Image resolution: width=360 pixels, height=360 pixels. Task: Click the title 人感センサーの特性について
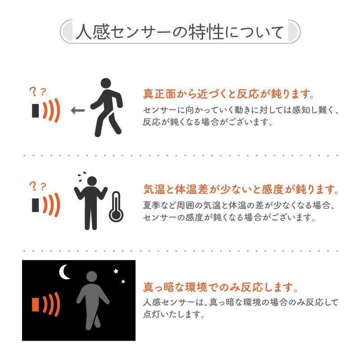(180, 32)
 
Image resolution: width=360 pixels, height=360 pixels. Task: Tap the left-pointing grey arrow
(78, 110)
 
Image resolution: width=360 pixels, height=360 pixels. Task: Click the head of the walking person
(106, 83)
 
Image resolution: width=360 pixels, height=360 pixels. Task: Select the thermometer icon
(116, 207)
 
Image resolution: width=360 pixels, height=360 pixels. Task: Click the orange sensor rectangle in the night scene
(36, 305)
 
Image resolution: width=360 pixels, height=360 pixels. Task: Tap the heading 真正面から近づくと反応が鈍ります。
(229, 94)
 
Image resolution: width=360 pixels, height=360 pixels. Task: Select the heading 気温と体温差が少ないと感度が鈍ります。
(241, 189)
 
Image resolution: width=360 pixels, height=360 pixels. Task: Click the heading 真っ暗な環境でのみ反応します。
(220, 287)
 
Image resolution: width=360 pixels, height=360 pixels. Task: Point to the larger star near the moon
(116, 271)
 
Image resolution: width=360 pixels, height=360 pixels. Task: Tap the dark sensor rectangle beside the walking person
(36, 111)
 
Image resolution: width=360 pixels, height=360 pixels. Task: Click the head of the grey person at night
(92, 276)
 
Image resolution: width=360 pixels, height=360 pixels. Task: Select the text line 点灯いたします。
(174, 314)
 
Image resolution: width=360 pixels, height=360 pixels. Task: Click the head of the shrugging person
(92, 181)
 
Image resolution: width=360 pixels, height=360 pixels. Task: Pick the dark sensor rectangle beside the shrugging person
(36, 205)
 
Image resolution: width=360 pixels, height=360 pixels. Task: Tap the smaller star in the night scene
(123, 282)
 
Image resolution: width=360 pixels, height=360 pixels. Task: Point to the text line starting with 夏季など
(239, 205)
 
